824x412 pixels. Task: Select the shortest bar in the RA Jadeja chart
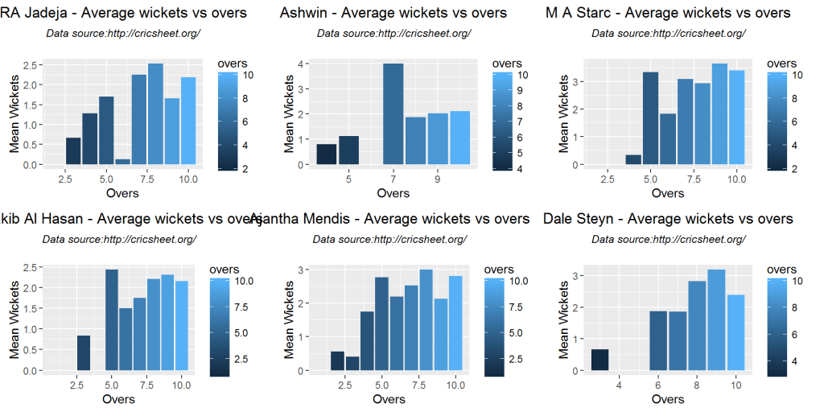[x=123, y=162]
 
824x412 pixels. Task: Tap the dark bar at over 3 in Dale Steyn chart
[x=599, y=360]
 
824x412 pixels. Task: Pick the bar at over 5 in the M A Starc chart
[x=651, y=118]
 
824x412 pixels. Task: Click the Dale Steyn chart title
[x=668, y=219]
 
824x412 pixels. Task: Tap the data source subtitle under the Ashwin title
[x=393, y=33]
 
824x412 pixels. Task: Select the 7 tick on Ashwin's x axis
[x=393, y=179]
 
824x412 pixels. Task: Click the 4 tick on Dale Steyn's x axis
[x=619, y=386]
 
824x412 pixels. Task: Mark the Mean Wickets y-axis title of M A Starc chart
[x=563, y=113]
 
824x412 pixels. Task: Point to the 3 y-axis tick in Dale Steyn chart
[x=575, y=275]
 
